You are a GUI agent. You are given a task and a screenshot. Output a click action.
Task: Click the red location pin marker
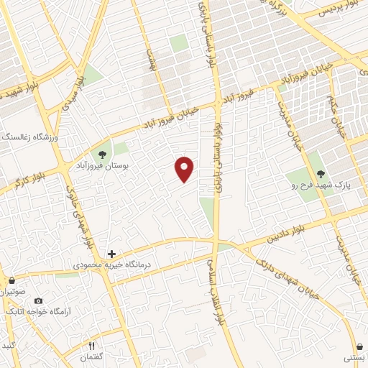tap(185, 169)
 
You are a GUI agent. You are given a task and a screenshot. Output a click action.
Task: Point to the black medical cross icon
tap(111, 254)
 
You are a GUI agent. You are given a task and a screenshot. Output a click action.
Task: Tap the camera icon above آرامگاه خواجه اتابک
tap(38, 300)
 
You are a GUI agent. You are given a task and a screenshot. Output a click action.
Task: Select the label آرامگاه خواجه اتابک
tap(37, 312)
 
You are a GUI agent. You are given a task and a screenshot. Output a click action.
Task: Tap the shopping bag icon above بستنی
tap(359, 346)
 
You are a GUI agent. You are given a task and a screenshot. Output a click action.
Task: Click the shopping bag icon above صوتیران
tap(11, 280)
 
